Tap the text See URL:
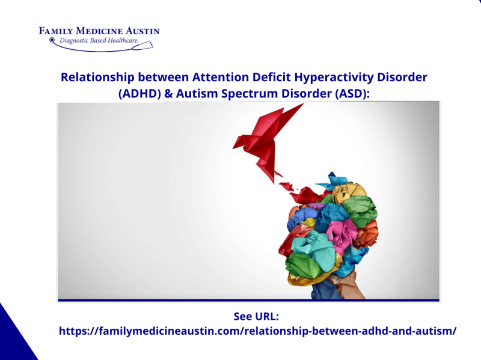pos(257,317)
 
